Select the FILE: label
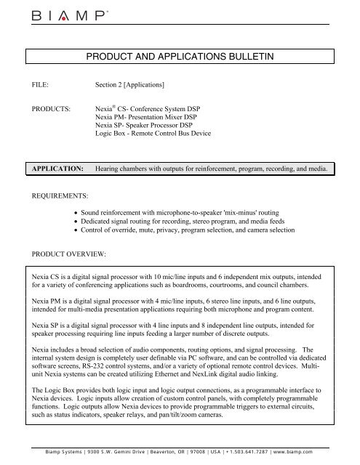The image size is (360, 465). click(41, 84)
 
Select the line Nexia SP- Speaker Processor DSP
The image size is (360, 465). click(148, 125)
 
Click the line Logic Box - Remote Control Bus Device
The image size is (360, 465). click(161, 134)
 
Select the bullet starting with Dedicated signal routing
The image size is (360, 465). click(193, 225)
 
